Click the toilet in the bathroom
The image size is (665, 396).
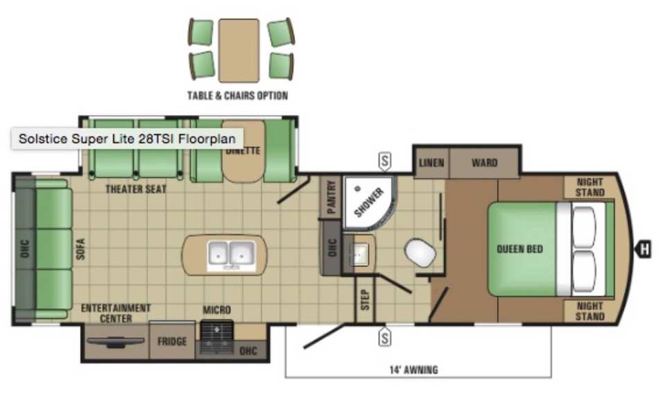click(x=420, y=253)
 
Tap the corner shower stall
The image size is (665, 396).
click(x=369, y=202)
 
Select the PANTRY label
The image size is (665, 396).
click(x=332, y=197)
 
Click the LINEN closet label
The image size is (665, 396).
click(x=432, y=162)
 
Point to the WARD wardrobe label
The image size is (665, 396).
click(x=484, y=162)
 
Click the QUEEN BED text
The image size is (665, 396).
click(x=520, y=249)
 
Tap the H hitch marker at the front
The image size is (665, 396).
click(x=644, y=249)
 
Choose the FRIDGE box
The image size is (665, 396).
click(x=172, y=341)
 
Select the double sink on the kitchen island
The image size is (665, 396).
click(x=231, y=256)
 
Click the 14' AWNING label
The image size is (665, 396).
click(x=414, y=370)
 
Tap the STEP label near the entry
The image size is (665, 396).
click(x=365, y=300)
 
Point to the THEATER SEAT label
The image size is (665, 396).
click(x=136, y=189)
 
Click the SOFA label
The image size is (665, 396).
click(x=80, y=249)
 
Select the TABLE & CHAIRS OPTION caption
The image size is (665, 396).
click(x=238, y=96)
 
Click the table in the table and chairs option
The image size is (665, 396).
click(x=239, y=51)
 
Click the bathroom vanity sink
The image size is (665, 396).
click(x=360, y=254)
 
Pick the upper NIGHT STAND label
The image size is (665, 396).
click(x=589, y=187)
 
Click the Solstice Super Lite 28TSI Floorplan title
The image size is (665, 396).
click(x=127, y=139)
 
